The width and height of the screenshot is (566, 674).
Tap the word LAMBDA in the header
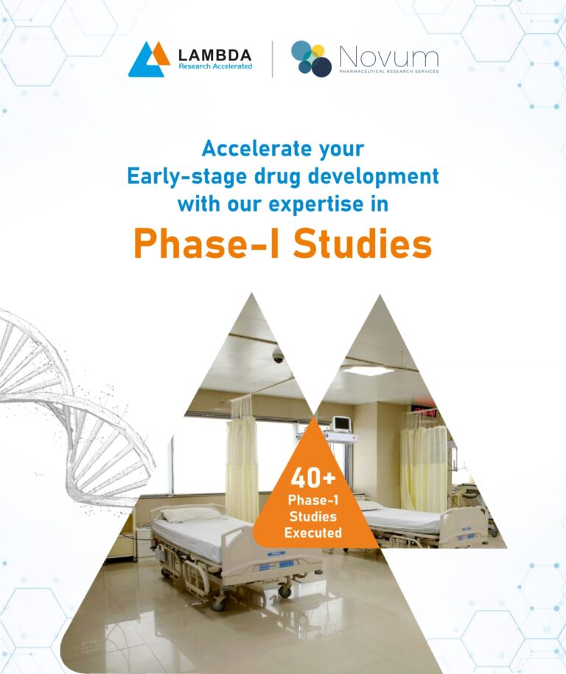point(214,55)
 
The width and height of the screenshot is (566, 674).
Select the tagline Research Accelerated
point(215,66)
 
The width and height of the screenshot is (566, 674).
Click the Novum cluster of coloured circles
point(311,58)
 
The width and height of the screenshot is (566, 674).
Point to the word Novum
point(389,57)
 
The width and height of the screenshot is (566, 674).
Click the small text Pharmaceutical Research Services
point(389,72)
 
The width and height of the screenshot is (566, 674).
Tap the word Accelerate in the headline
point(256,149)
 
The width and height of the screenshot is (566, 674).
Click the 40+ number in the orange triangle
point(313,478)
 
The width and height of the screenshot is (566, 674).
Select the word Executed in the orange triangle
point(313,533)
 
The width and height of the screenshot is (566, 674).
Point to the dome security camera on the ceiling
point(279,355)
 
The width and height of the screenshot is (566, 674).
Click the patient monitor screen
point(342,423)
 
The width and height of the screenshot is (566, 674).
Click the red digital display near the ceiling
point(424,411)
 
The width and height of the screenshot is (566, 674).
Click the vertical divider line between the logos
point(272,59)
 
